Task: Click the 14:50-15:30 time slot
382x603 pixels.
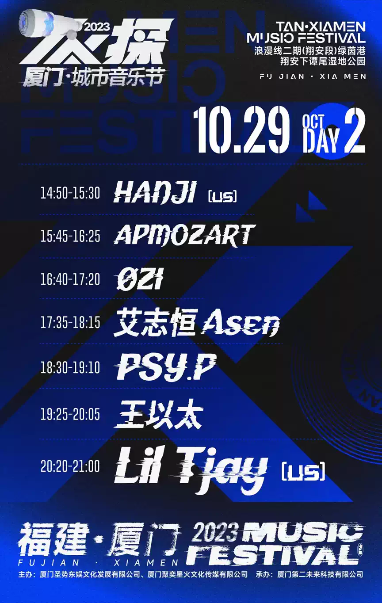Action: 70,193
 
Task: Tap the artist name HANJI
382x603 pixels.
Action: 155,193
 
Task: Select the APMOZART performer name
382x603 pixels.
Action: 184,236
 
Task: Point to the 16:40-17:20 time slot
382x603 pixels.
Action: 70,279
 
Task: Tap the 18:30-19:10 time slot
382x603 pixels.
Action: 70,367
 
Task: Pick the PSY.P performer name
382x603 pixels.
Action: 166,367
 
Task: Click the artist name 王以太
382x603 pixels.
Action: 159,414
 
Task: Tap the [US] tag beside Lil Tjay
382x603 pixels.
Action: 303,471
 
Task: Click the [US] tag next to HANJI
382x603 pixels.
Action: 223,196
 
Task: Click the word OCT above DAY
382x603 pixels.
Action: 313,121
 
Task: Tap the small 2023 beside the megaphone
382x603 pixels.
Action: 97,27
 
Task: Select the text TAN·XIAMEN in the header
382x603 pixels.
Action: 321,27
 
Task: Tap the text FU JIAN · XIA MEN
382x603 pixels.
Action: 313,76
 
